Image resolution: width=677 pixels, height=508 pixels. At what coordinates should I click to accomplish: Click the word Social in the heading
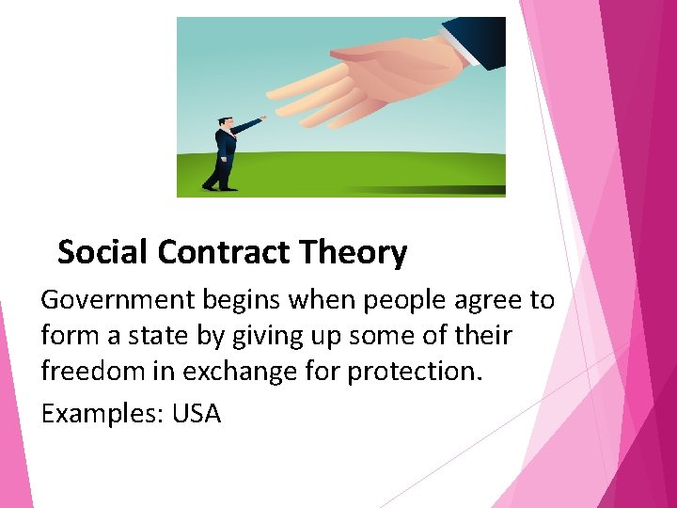pyautogui.click(x=103, y=252)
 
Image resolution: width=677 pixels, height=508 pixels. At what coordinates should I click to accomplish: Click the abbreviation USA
pyautogui.click(x=197, y=413)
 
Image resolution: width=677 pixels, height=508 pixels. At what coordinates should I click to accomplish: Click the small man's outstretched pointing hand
pyautogui.click(x=262, y=119)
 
